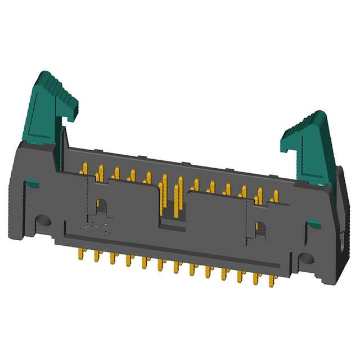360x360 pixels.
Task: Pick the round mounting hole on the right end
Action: click(306, 258)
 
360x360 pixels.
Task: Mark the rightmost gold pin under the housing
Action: click(274, 280)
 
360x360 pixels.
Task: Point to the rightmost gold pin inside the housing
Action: click(275, 196)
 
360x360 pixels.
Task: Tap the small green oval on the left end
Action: click(33, 183)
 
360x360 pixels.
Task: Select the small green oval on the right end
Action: click(314, 224)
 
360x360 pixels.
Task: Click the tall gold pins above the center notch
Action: click(171, 194)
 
